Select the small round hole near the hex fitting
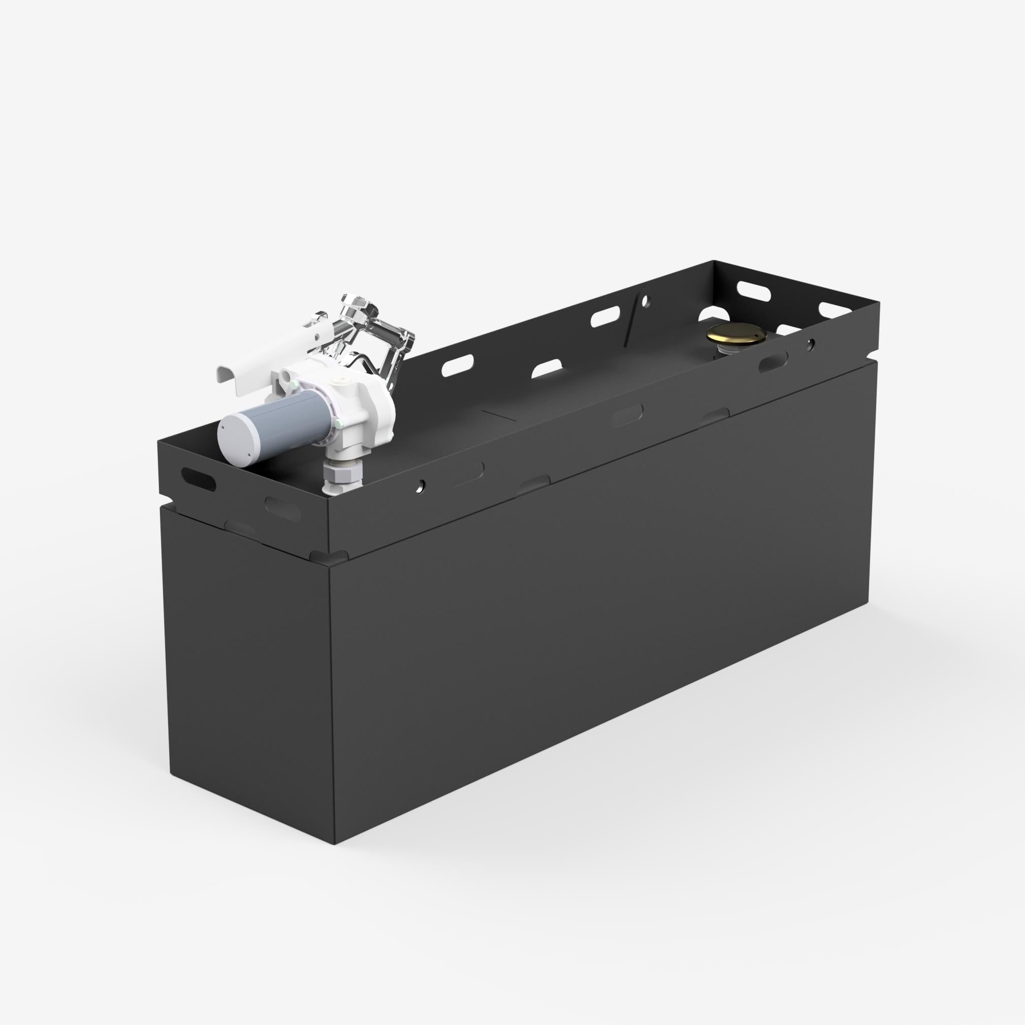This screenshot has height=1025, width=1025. [x=420, y=484]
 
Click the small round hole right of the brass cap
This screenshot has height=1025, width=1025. [x=810, y=344]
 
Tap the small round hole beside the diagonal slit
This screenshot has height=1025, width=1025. [x=645, y=301]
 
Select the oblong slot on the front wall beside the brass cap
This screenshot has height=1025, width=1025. [x=773, y=362]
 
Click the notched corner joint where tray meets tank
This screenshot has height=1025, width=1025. [x=330, y=557]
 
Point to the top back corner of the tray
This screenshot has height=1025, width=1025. [x=714, y=261]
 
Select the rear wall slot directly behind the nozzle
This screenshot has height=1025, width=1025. [x=457, y=367]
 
